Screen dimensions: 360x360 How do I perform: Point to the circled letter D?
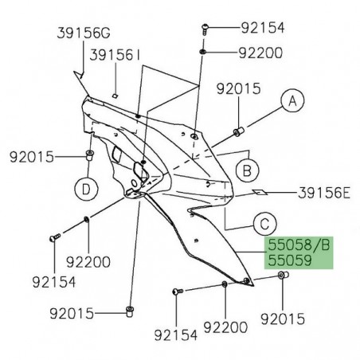tap(87, 188)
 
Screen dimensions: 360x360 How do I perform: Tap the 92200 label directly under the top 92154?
tap(261, 53)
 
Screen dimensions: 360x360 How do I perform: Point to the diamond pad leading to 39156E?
tap(237, 192)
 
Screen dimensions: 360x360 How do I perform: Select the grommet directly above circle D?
tap(88, 155)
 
